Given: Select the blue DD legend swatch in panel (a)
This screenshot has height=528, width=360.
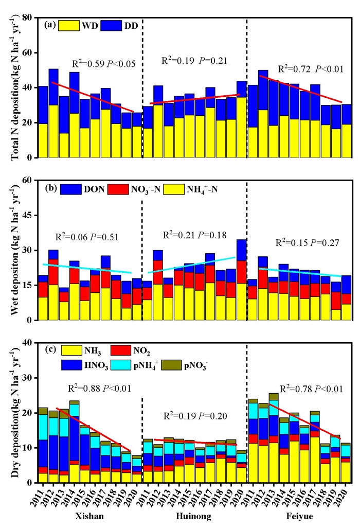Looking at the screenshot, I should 111,25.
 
